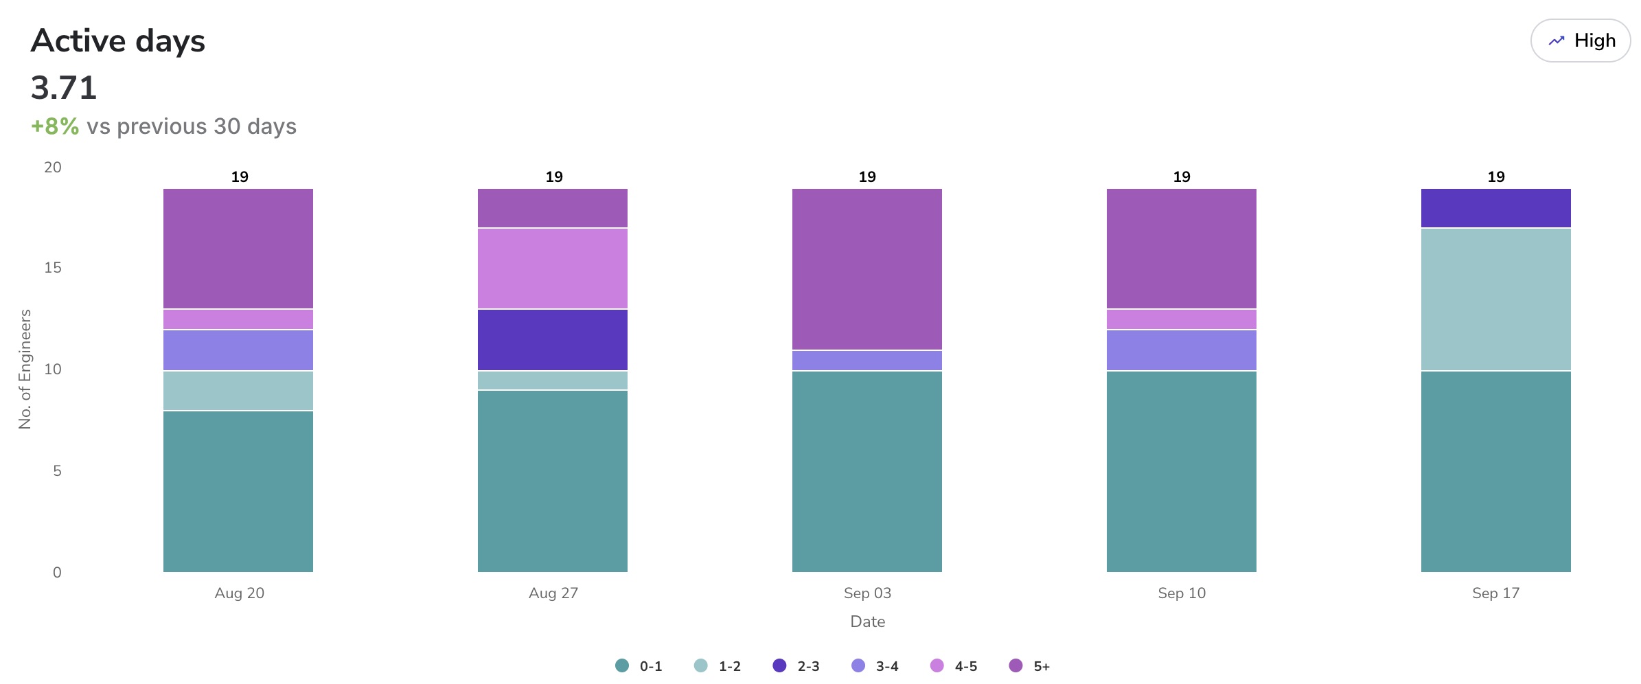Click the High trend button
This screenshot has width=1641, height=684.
tap(1580, 41)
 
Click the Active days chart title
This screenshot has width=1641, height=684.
tap(118, 41)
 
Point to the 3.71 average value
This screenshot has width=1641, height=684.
tap(64, 88)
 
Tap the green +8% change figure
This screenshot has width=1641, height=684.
tap(55, 126)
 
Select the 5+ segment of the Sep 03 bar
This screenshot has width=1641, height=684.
tap(867, 269)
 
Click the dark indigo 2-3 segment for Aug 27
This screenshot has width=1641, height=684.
tap(552, 340)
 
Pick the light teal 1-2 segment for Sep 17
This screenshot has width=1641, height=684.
tap(1495, 299)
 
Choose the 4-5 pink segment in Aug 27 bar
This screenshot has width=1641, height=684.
tap(552, 269)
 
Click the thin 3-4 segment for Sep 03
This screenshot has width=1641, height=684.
tap(867, 361)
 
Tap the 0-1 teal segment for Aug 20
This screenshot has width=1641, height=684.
tap(238, 491)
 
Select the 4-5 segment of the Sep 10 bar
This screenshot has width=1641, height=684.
tap(1181, 319)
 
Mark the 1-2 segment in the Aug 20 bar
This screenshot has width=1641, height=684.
tap(238, 391)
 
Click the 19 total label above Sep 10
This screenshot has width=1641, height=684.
tap(1181, 177)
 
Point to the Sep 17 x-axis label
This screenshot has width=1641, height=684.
tap(1495, 593)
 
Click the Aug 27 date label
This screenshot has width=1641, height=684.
tap(553, 593)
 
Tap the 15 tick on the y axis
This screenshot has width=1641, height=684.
tap(53, 268)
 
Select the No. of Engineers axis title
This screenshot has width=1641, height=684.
tap(25, 369)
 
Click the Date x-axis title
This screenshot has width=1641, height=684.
tap(867, 622)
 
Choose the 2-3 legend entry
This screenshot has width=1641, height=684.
tap(796, 666)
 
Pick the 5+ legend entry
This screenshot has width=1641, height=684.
tap(1030, 666)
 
